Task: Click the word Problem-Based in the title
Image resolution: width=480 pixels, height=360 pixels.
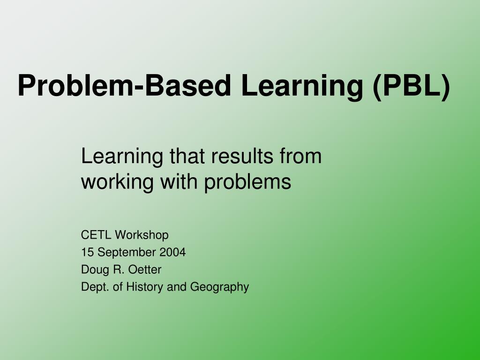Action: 125,86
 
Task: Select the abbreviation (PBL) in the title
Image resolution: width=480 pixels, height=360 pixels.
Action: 412,86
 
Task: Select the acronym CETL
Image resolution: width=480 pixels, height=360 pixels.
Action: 97,235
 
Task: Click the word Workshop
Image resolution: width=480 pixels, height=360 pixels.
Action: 142,235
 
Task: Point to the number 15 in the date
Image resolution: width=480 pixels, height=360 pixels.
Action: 87,252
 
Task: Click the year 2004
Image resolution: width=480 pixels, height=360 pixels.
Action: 172,252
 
